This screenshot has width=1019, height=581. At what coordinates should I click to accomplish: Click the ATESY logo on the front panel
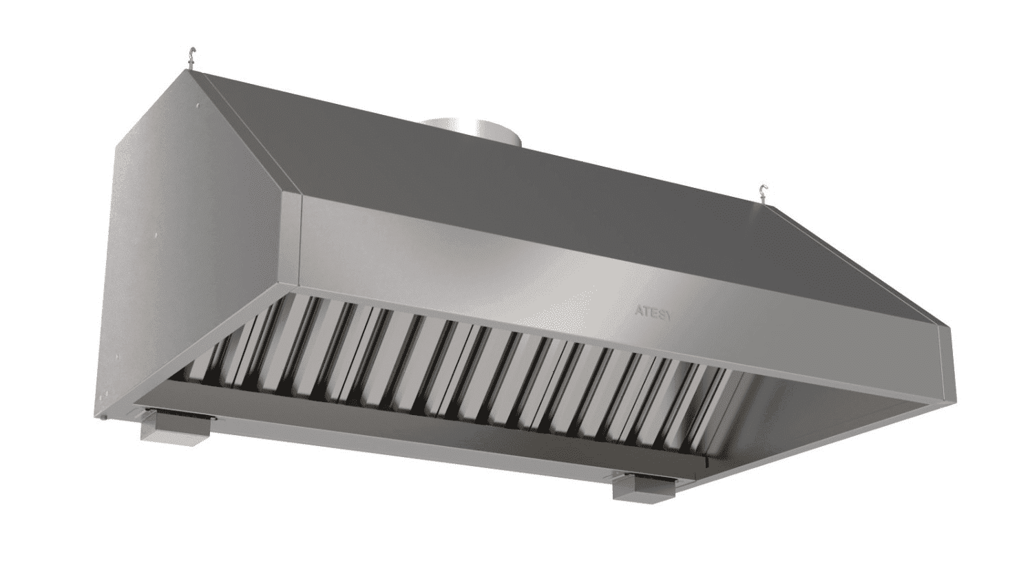(652, 313)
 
